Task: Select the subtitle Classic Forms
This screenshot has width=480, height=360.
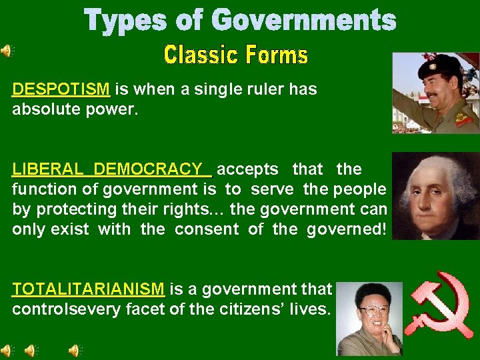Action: click(236, 54)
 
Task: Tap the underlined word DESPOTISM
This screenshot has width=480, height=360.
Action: click(61, 89)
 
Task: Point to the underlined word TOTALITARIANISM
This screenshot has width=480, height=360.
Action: click(88, 289)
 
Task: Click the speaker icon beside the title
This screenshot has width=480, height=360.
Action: click(7, 50)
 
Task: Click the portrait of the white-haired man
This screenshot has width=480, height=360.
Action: click(435, 196)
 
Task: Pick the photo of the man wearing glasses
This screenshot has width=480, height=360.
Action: click(370, 319)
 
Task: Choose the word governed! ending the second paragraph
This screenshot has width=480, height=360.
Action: click(347, 229)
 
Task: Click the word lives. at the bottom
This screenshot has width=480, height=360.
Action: click(311, 309)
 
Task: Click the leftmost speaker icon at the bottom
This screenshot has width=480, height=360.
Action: click(7, 349)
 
